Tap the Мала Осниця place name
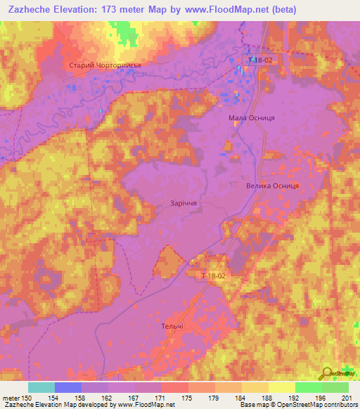[x=251, y=118]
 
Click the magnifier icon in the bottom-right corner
[x=327, y=374]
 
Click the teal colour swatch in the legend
[x=41, y=387]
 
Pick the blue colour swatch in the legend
[x=67, y=387]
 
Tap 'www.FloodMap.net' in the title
[x=230, y=9]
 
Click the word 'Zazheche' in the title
[x=32, y=9]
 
